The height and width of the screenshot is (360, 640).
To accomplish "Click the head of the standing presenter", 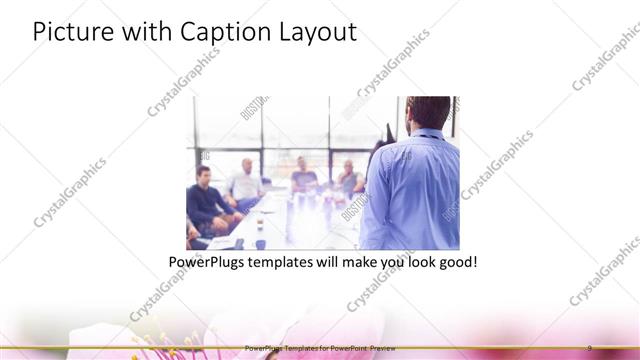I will (418, 113).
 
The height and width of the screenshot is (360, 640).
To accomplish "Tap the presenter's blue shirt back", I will (412, 190).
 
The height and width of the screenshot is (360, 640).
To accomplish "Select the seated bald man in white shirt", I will (243, 181).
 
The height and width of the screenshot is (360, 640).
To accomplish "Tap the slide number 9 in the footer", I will (589, 346).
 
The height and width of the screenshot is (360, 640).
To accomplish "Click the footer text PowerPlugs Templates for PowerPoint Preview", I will (319, 346).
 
